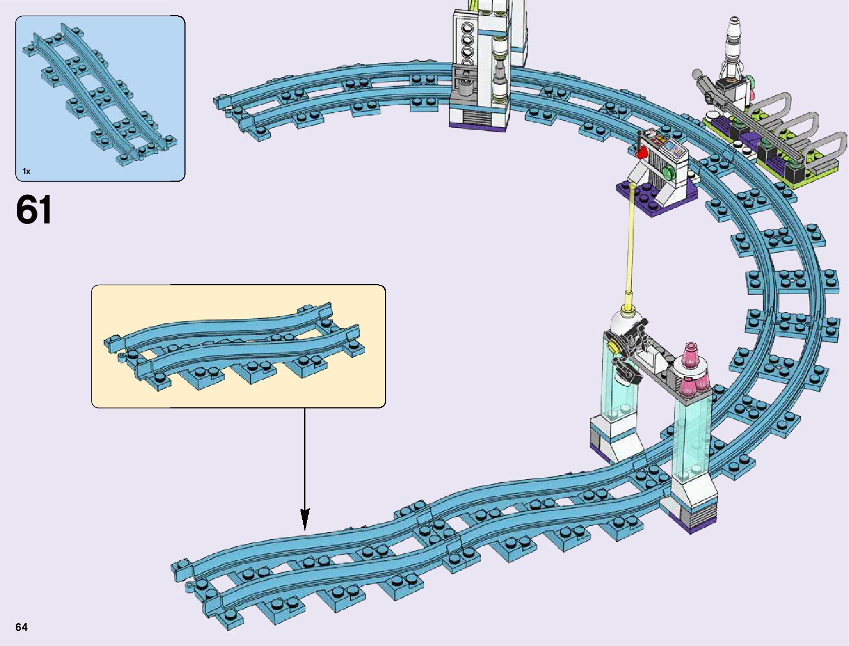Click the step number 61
(x=34, y=210)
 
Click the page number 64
(x=21, y=627)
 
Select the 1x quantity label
(x=26, y=171)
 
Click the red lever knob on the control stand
(x=643, y=152)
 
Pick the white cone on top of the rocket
(x=734, y=27)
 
